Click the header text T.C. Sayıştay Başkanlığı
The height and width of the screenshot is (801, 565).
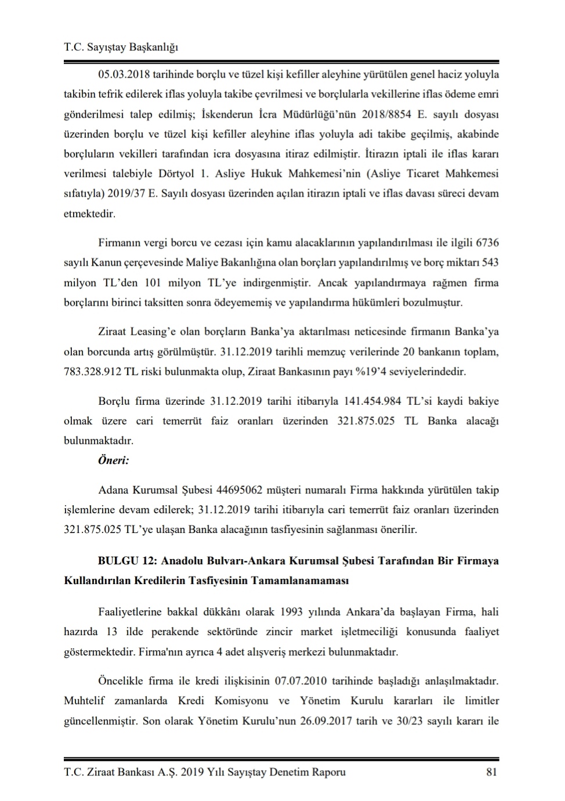tap(121, 48)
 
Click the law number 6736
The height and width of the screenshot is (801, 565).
tap(487, 242)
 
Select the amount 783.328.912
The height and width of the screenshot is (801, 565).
tap(93, 371)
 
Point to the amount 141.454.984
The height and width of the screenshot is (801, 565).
tap(375, 401)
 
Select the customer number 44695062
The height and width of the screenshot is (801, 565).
tap(239, 490)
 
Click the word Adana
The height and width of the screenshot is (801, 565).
tap(113, 490)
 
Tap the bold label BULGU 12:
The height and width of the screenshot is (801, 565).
tap(126, 561)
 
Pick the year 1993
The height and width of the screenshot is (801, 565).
tap(291, 612)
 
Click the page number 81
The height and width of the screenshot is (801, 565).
tap(491, 772)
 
